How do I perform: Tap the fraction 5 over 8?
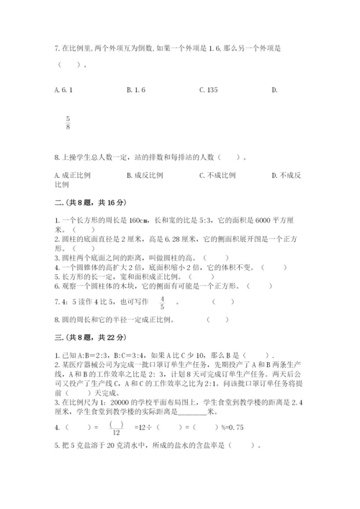tap(68, 123)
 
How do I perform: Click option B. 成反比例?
tap(145, 175)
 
